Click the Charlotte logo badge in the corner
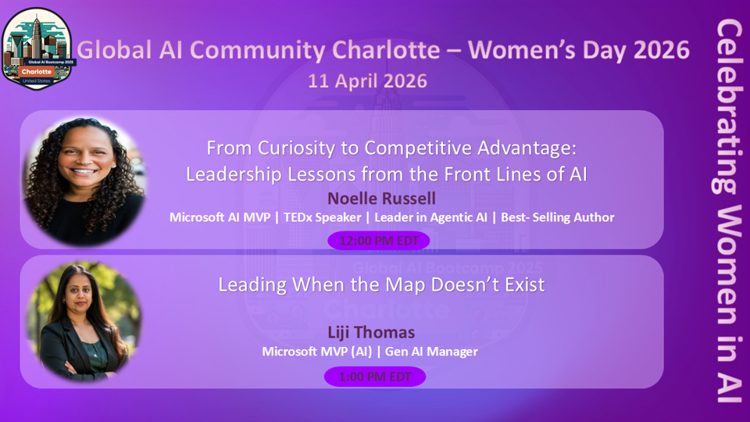tap(37, 48)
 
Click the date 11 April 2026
tap(367, 80)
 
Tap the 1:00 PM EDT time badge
tap(375, 377)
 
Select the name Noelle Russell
tap(381, 198)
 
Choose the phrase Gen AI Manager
tap(430, 352)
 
